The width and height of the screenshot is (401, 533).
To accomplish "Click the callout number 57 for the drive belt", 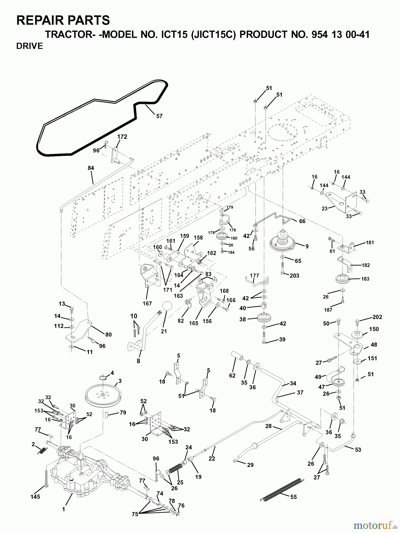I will click(159, 116).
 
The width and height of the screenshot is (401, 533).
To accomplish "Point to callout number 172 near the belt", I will click(122, 137).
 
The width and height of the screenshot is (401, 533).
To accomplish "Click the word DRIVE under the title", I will click(30, 46).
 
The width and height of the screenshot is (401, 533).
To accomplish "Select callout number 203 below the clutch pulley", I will click(294, 276).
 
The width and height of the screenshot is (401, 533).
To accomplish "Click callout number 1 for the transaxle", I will click(63, 509).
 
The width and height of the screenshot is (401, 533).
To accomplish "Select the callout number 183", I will click(365, 279).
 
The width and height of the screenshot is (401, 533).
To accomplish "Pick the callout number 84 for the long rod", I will click(91, 168).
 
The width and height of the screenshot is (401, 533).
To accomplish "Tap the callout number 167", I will click(147, 304).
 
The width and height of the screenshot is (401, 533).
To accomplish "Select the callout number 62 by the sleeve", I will click(232, 375).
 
